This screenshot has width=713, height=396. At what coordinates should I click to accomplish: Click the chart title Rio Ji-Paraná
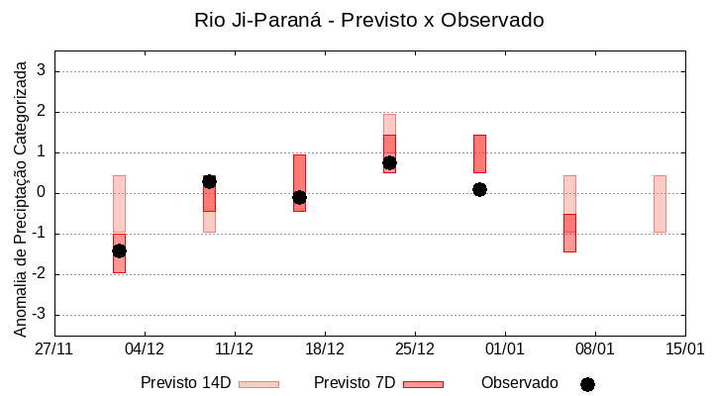tap(369, 20)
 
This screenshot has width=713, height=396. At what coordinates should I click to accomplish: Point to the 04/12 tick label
tap(145, 348)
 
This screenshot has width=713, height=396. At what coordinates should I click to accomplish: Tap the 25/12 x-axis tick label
tap(415, 348)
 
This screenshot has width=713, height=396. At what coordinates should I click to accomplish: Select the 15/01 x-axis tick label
tap(684, 348)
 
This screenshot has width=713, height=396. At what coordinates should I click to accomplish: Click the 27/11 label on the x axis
tap(54, 348)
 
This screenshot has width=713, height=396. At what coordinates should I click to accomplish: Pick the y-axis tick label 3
tap(41, 71)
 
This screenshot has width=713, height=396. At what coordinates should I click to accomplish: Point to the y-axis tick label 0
tap(41, 193)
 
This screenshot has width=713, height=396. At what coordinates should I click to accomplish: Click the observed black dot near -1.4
tap(119, 250)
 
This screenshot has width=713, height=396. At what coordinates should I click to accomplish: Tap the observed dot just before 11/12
tap(209, 181)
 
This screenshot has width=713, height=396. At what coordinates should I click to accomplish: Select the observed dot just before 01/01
tap(479, 189)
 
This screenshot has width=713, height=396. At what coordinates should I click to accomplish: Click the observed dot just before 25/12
tap(389, 162)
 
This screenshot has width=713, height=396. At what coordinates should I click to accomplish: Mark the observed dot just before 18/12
tap(299, 197)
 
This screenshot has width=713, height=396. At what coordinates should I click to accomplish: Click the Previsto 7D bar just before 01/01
tap(479, 153)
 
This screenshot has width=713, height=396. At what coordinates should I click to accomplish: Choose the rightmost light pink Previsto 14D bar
tap(660, 203)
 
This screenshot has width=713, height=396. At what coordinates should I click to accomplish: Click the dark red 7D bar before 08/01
tap(569, 233)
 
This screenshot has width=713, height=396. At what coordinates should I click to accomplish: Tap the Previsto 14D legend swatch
tap(258, 384)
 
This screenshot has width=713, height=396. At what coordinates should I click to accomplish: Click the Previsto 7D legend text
tap(355, 383)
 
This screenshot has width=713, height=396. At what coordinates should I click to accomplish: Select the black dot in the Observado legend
tap(587, 384)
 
